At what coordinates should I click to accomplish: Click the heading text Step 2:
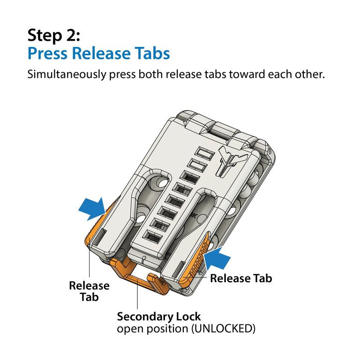(x=53, y=35)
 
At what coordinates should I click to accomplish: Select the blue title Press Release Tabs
(x=98, y=53)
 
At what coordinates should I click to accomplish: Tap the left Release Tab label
(x=89, y=291)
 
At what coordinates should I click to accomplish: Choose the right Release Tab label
(x=240, y=278)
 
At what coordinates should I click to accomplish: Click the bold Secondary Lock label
(x=158, y=316)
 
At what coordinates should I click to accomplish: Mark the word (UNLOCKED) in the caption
(x=222, y=329)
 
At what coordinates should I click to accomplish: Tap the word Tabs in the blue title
(x=151, y=53)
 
